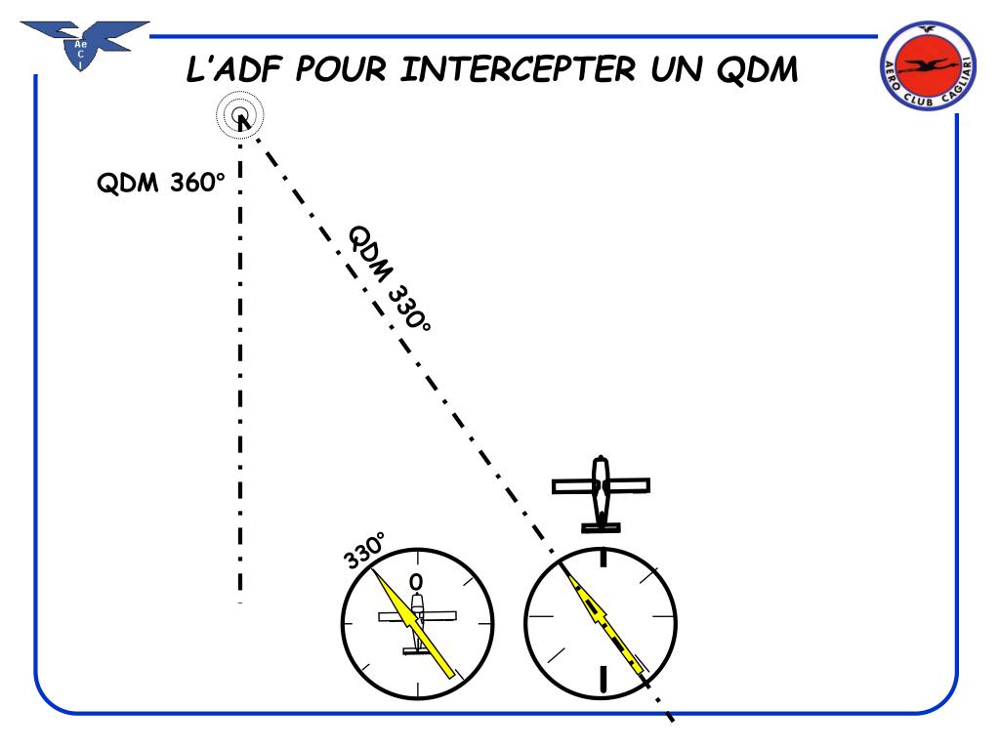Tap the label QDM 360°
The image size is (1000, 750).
pyautogui.click(x=160, y=183)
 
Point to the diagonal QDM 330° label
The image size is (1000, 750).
pyautogui.click(x=389, y=279)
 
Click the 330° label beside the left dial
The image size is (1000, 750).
pyautogui.click(x=364, y=551)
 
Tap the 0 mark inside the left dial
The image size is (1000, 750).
pyautogui.click(x=417, y=582)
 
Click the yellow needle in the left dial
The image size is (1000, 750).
pyautogui.click(x=415, y=625)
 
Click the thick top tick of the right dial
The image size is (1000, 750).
pyautogui.click(x=603, y=558)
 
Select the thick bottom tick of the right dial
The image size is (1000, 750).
pyautogui.click(x=603, y=678)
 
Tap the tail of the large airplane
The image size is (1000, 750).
pyautogui.click(x=601, y=527)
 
